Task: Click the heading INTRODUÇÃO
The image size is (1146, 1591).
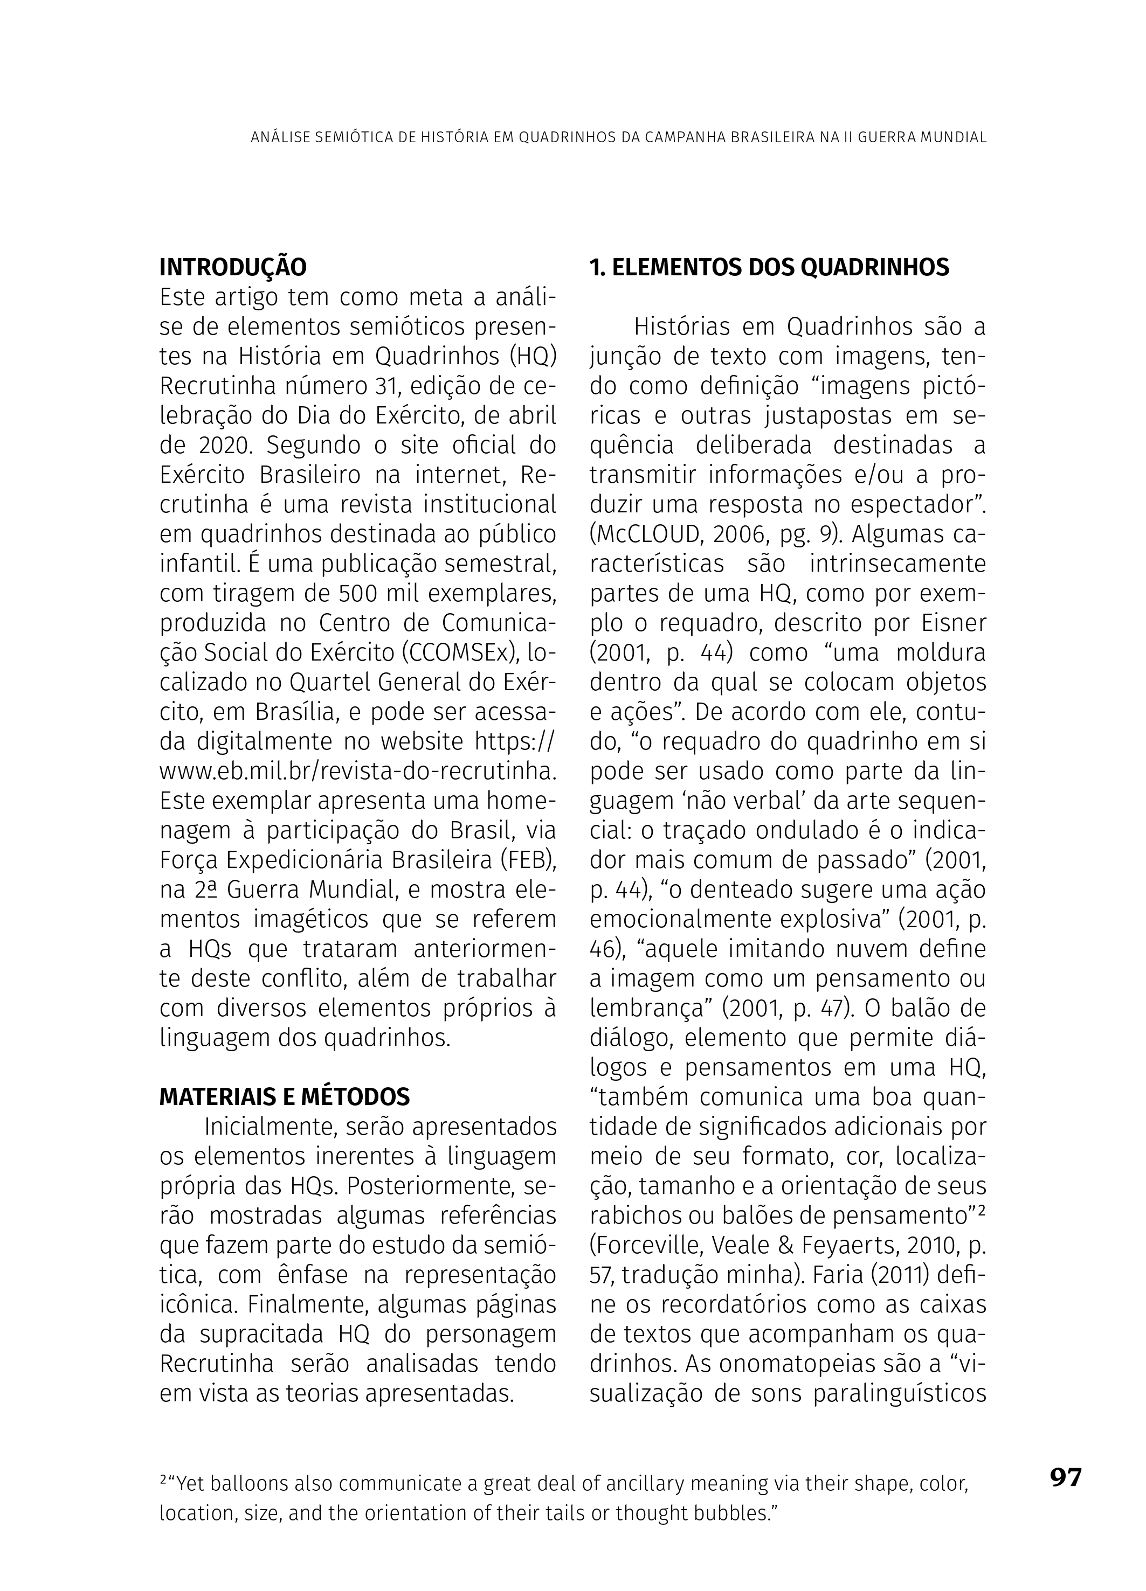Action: [x=233, y=267]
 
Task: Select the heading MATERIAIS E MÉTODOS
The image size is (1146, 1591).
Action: [x=284, y=1096]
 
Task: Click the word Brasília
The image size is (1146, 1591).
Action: [x=293, y=712]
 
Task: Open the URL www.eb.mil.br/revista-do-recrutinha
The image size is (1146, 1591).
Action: [x=358, y=771]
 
